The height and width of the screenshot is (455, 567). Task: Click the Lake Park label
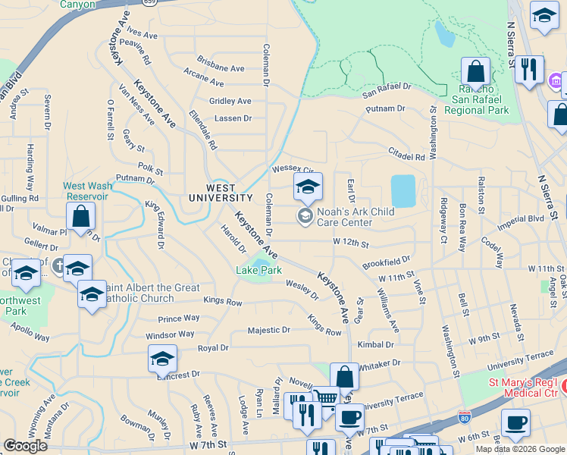(x=258, y=270)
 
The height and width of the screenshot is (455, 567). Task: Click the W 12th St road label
(x=350, y=244)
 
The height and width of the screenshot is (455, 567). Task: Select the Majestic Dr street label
(x=269, y=330)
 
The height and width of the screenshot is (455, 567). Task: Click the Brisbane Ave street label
(x=220, y=68)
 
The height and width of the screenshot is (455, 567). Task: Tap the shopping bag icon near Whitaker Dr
(x=344, y=377)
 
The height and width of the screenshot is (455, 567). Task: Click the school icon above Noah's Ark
(x=308, y=187)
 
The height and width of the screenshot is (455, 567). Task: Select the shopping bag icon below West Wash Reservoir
(x=80, y=217)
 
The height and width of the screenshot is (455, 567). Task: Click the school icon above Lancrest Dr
(x=162, y=359)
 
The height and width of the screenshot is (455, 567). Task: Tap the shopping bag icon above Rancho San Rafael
(x=476, y=72)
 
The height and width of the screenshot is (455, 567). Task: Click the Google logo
(x=25, y=446)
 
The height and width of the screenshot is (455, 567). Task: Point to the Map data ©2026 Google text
(x=519, y=449)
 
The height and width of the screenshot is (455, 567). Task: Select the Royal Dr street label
(x=213, y=348)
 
